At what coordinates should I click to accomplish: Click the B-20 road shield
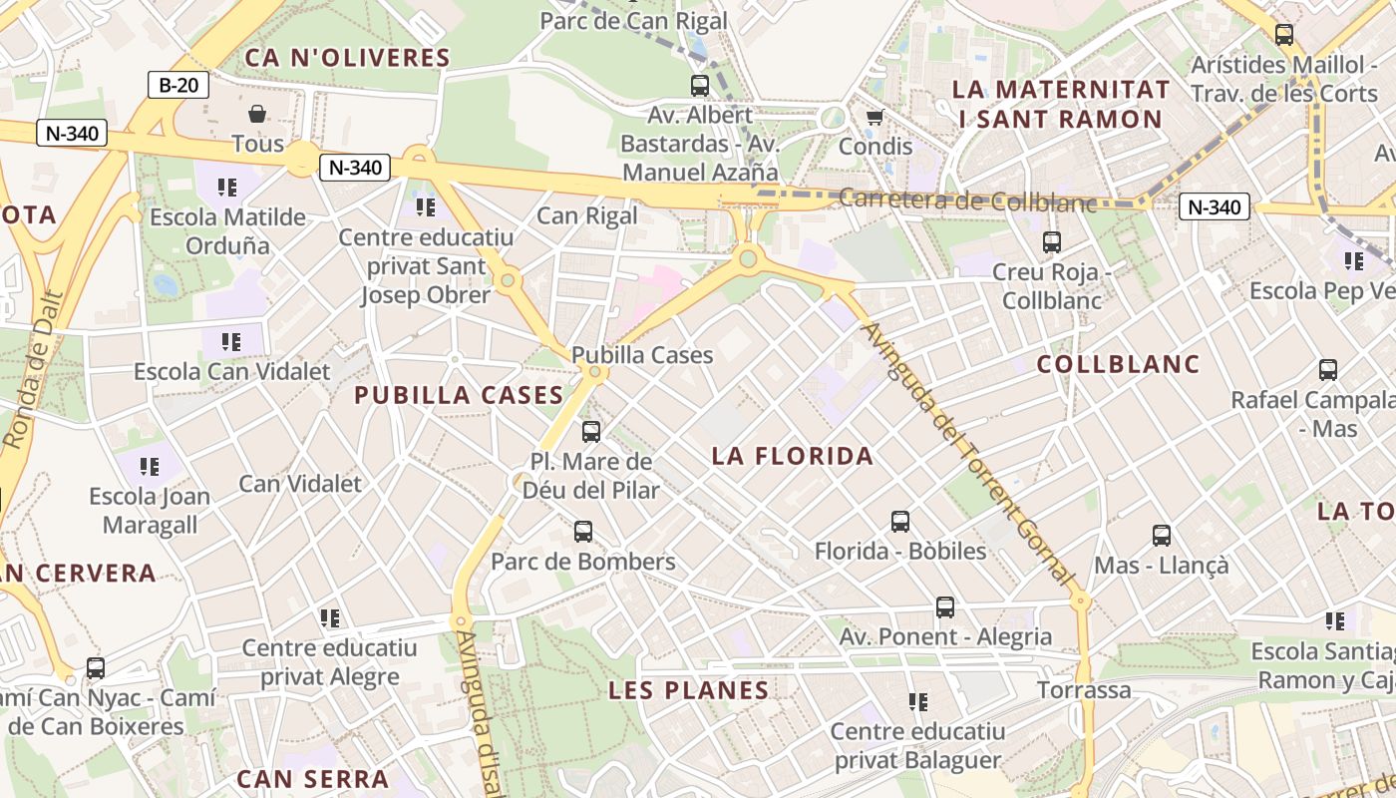178,85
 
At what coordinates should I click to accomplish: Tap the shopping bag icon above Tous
257,114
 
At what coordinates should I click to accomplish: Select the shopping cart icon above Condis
874,118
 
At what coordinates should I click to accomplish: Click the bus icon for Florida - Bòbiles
899,521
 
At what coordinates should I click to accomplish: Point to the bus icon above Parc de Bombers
583,532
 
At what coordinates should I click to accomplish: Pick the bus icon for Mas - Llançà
1161,536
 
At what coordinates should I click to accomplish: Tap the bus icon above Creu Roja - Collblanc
1051,242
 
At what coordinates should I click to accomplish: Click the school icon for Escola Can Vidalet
231,342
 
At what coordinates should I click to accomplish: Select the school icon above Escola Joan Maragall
150,466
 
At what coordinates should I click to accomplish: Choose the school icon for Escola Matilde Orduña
227,187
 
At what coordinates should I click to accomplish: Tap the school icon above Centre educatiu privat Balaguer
918,701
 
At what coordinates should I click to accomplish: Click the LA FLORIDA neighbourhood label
793,457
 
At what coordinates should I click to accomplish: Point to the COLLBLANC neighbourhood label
1118,364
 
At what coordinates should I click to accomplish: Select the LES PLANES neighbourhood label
689,690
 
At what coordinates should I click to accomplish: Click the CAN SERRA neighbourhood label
312,779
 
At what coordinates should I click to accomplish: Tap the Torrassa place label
1084,690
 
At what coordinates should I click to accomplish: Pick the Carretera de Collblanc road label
966,200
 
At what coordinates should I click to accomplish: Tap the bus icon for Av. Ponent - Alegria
944,606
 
